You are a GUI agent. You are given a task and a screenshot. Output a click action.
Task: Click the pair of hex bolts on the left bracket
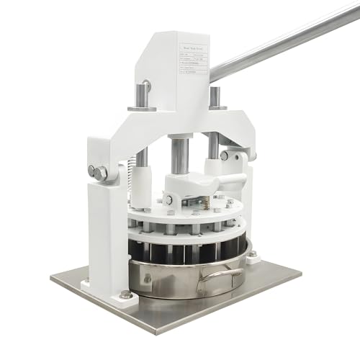[97, 173]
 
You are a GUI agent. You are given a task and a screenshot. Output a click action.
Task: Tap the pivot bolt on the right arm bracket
[225, 155]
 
